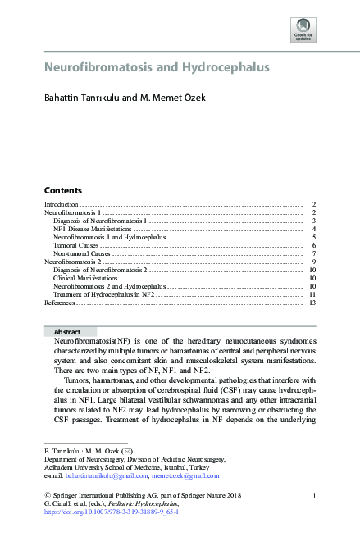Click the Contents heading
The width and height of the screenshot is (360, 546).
click(62, 189)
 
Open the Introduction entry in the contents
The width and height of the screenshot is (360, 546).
click(62, 203)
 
